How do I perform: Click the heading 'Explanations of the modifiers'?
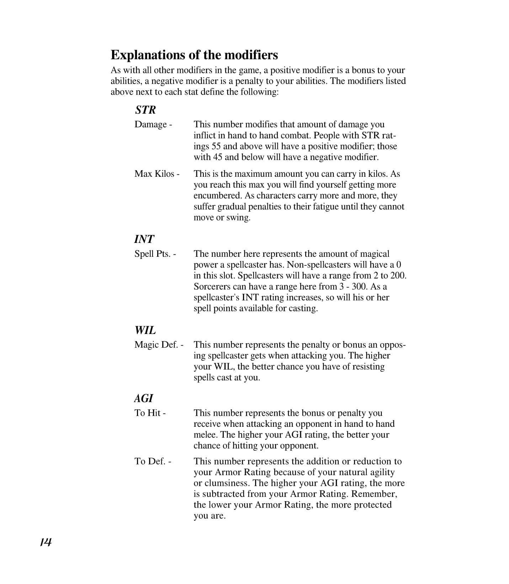coord(194,55)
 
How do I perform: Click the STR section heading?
coord(145,110)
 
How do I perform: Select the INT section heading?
coord(144,239)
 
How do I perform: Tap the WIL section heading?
coord(145,330)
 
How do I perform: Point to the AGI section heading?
coord(144,398)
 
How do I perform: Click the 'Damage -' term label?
coord(153,124)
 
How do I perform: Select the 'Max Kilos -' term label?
coord(157,174)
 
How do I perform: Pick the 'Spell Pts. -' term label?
coord(155,254)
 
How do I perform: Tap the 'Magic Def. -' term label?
coord(159,345)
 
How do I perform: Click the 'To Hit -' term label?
coord(150,413)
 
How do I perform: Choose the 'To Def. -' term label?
coord(153,461)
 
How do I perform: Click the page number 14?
coord(46,542)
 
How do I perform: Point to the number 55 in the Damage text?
coord(216,146)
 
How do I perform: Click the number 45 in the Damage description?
coord(217,157)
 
